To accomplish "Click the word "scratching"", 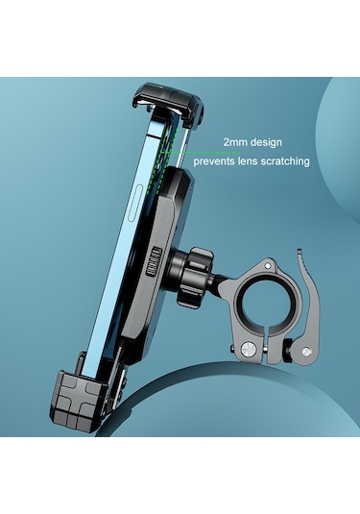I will (x=290, y=162).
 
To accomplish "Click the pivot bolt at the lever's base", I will (x=283, y=355).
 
